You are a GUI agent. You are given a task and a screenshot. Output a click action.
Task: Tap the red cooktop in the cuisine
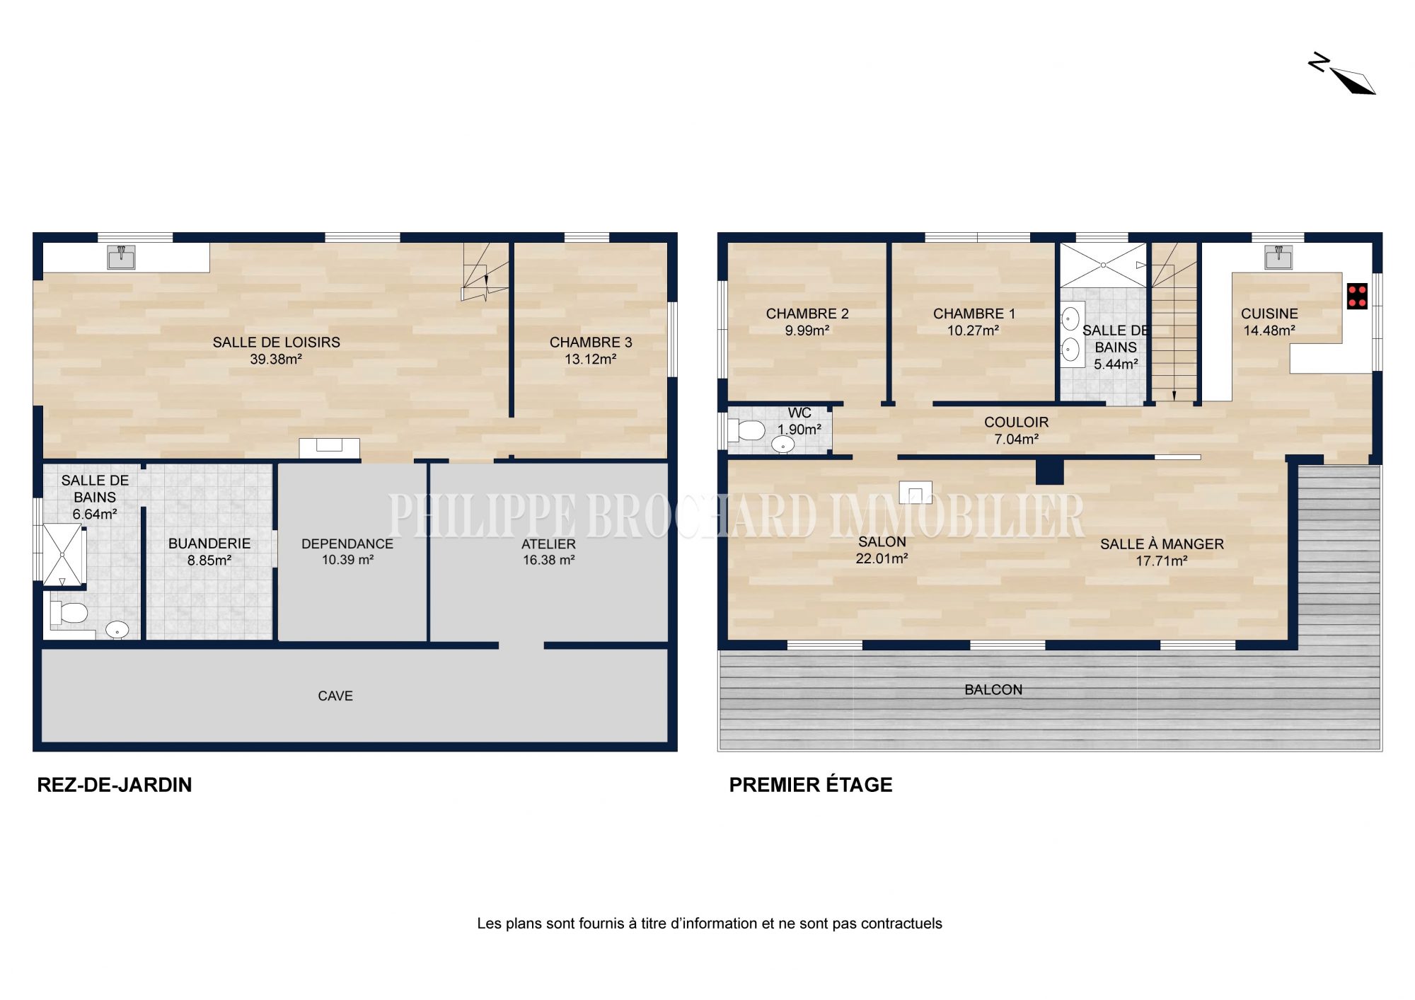pyautogui.click(x=1357, y=296)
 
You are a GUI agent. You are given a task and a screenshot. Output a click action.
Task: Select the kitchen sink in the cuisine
pyautogui.click(x=1278, y=257)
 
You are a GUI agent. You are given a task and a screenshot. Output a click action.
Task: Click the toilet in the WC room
pyautogui.click(x=746, y=430)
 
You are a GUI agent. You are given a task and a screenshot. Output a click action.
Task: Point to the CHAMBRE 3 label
pyautogui.click(x=591, y=343)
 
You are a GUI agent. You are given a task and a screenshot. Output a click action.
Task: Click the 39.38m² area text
pyautogui.click(x=276, y=360)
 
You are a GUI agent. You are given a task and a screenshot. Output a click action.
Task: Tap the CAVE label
pyautogui.click(x=335, y=696)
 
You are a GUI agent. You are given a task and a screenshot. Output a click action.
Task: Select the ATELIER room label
pyautogui.click(x=548, y=544)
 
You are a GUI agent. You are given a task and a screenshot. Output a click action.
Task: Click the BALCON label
pyautogui.click(x=993, y=690)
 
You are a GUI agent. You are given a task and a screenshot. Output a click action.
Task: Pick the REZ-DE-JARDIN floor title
pyautogui.click(x=115, y=785)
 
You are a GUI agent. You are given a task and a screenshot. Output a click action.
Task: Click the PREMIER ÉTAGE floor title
pyautogui.click(x=811, y=785)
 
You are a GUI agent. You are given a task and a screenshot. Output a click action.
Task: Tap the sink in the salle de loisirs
pyautogui.click(x=121, y=258)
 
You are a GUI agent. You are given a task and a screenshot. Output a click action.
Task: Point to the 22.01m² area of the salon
pyautogui.click(x=882, y=559)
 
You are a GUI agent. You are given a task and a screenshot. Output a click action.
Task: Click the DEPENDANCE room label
pyautogui.click(x=347, y=544)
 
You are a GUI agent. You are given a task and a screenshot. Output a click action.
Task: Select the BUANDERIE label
pyautogui.click(x=209, y=544)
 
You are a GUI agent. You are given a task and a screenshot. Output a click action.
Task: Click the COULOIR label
pyautogui.click(x=1016, y=423)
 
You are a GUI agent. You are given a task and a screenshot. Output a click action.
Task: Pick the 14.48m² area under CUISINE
pyautogui.click(x=1269, y=331)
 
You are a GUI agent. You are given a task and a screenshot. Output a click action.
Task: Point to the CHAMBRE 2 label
pyautogui.click(x=807, y=314)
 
